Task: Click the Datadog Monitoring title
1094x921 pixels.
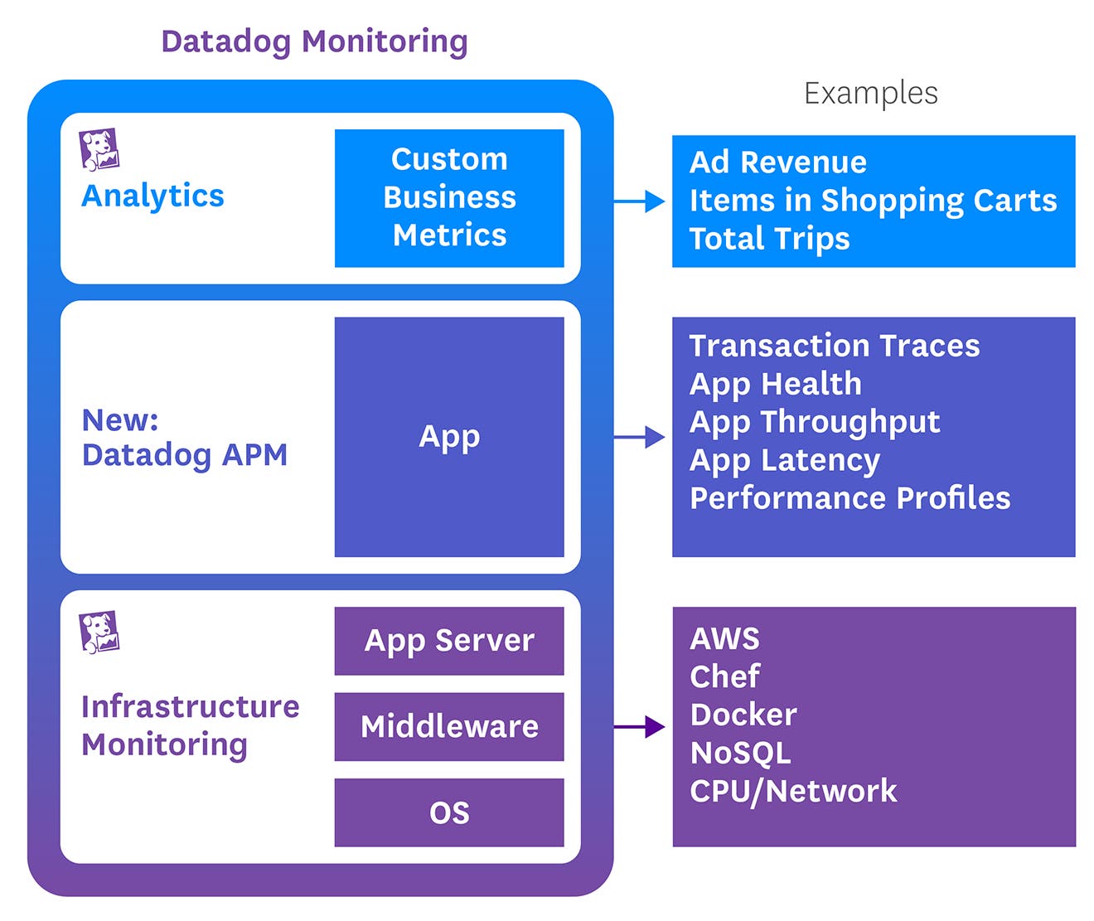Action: coord(314,41)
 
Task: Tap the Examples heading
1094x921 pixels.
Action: coord(870,93)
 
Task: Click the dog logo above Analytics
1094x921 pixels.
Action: coord(99,149)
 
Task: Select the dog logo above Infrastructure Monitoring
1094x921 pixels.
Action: coord(99,633)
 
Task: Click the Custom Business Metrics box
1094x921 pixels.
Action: coord(449,198)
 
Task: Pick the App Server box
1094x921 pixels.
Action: coord(449,641)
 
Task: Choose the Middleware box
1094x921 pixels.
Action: coord(449,727)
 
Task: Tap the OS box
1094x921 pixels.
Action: coord(449,812)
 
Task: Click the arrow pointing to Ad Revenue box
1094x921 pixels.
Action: coord(640,201)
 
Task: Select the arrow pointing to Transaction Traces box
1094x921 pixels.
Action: coord(640,437)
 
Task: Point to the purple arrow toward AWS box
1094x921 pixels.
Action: coord(640,727)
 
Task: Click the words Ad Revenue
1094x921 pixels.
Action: coord(777,162)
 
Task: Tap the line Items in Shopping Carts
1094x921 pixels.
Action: coord(873,201)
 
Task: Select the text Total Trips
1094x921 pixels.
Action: coord(769,239)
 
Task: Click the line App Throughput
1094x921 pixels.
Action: coord(815,422)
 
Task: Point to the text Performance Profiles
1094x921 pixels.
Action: coord(850,498)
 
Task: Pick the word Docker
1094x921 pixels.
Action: coord(743,715)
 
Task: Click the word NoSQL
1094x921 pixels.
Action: coord(740,753)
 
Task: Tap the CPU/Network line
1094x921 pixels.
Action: coord(793,791)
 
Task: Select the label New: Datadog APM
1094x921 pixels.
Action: coord(184,438)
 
